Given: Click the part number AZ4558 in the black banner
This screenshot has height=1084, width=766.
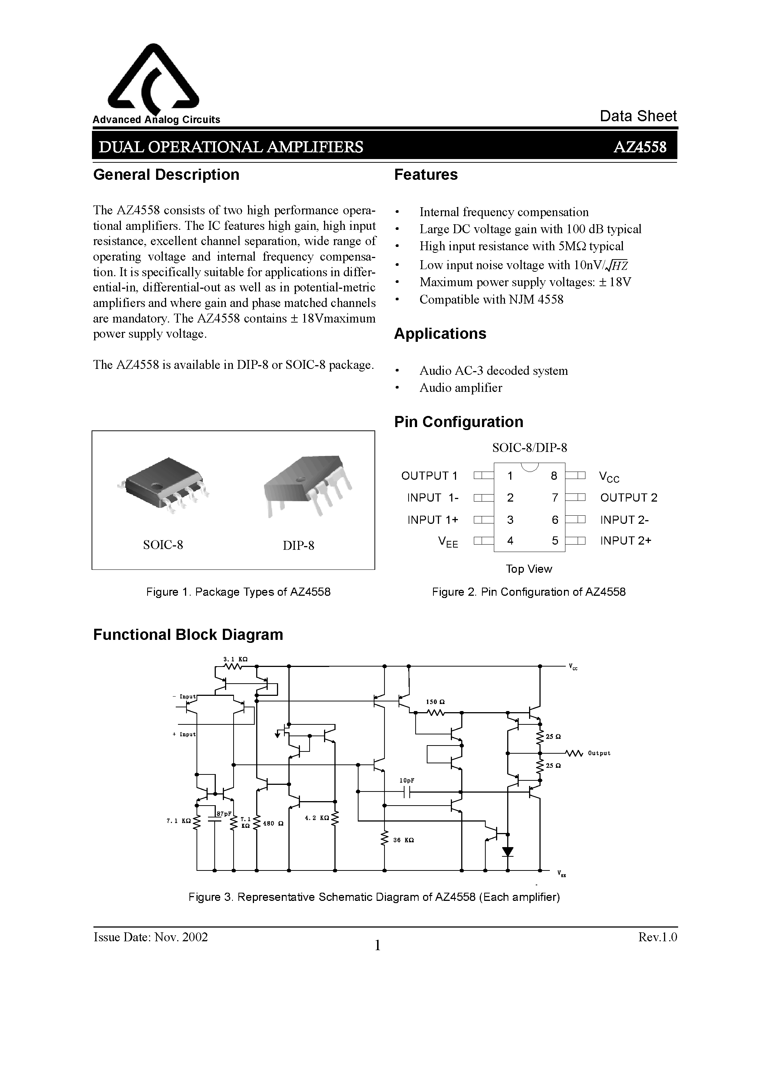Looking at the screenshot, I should point(640,147).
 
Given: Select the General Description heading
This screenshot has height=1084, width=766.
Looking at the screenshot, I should point(166,175).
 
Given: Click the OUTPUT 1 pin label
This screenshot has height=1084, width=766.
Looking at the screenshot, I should point(429,475).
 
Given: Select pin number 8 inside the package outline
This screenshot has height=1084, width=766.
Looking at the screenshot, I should point(554,475).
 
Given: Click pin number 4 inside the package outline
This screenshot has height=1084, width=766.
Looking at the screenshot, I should point(510,541).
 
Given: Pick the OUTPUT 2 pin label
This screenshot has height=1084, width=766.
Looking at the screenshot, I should point(628,498).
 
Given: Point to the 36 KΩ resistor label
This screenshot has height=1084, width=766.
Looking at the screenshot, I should point(404,840).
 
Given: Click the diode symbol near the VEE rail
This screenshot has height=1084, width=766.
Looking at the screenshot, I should point(508,852).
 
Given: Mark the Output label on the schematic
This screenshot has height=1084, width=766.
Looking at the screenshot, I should point(599,753).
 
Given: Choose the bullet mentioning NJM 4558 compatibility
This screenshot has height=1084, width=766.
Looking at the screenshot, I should point(491,299).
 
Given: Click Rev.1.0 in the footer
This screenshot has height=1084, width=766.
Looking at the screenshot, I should point(657,937).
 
